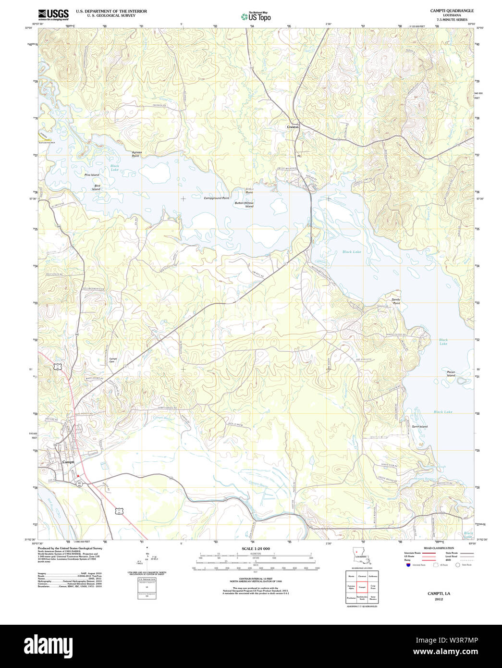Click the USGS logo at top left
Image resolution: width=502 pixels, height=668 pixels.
tap(53, 13)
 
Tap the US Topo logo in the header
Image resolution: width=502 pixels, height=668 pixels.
tap(256, 17)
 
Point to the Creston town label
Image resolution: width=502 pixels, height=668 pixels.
tap(293, 127)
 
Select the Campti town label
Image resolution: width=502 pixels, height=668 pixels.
tap(68, 462)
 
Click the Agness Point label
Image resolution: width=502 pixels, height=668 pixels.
tap(137, 154)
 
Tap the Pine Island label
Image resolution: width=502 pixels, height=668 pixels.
tap(92, 175)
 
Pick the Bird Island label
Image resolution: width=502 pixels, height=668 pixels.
tap(97, 187)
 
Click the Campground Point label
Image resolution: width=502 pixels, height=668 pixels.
tap(216, 198)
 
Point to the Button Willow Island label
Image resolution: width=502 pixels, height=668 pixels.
tap(244, 205)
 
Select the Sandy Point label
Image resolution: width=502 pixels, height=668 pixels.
tap(396, 301)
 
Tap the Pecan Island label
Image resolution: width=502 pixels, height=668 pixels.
tap(450, 373)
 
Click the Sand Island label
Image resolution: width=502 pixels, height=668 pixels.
tap(419, 426)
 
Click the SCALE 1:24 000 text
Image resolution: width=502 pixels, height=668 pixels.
tap(256, 548)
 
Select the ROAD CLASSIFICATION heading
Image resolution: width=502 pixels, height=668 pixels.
tap(439, 548)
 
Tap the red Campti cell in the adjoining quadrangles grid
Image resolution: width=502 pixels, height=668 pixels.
tap(363, 587)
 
